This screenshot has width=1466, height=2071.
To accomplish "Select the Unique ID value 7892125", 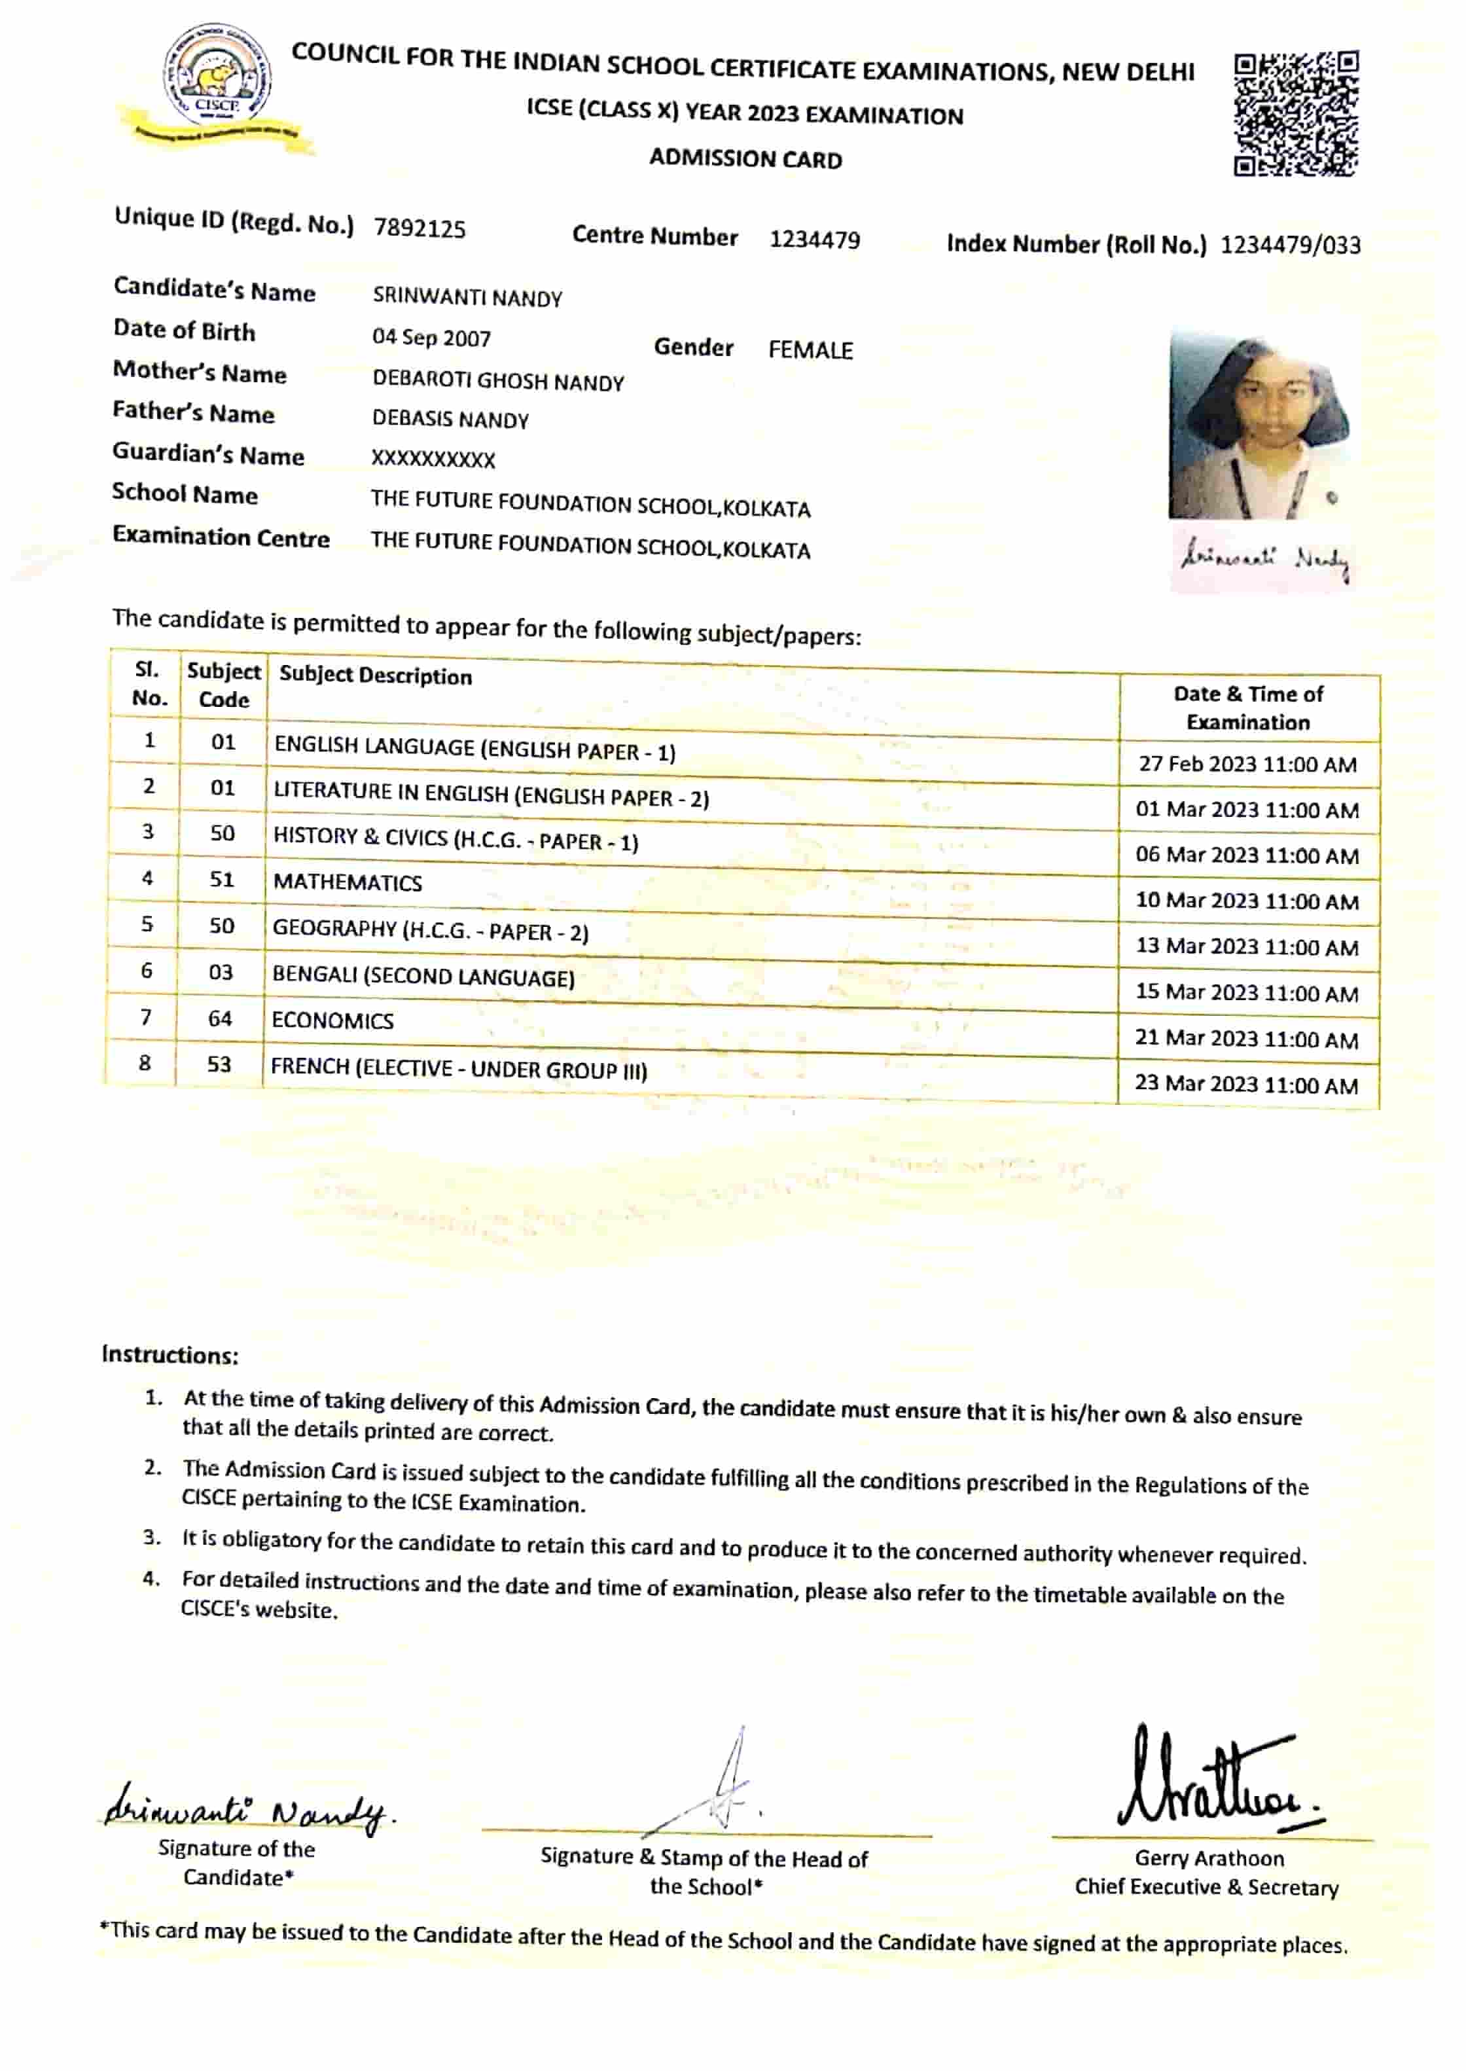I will (x=420, y=228).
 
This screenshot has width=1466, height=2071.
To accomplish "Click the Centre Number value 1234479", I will (x=814, y=240).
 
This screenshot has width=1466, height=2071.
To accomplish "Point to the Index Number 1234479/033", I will (x=1290, y=245).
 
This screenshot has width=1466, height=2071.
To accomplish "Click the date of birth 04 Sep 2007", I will (x=431, y=338).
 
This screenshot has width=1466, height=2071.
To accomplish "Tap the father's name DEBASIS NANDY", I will (x=450, y=419).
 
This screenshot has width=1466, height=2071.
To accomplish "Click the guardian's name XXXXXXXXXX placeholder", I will (x=433, y=459).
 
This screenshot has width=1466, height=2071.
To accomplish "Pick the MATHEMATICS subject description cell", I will (x=348, y=882).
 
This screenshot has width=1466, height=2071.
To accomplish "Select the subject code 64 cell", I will (x=221, y=1018).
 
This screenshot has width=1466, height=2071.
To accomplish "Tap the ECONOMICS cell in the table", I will (x=332, y=1020).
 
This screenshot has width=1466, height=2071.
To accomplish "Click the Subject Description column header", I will (x=376, y=675).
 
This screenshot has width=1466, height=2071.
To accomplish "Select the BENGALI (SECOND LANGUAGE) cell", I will (x=423, y=976).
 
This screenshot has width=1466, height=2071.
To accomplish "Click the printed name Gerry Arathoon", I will (x=1209, y=1858).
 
